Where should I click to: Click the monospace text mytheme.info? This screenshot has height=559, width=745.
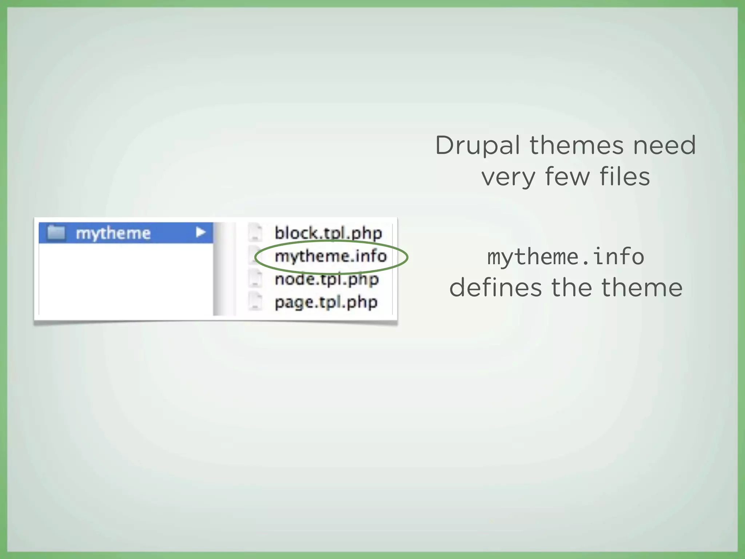pyautogui.click(x=565, y=257)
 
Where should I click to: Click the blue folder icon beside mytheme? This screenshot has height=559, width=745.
pyautogui.click(x=56, y=232)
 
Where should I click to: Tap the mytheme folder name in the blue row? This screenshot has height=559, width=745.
pyautogui.click(x=113, y=233)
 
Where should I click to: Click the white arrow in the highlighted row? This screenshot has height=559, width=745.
pyautogui.click(x=200, y=232)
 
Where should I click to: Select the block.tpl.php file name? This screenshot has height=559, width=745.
pyautogui.click(x=328, y=233)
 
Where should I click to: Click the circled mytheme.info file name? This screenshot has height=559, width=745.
pyautogui.click(x=330, y=256)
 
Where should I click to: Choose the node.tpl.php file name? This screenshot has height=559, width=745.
pyautogui.click(x=326, y=279)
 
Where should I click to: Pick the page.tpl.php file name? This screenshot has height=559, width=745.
pyautogui.click(x=326, y=302)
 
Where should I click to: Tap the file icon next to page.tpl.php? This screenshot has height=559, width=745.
pyautogui.click(x=255, y=302)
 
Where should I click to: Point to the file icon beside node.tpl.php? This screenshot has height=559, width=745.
pyautogui.click(x=255, y=279)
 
